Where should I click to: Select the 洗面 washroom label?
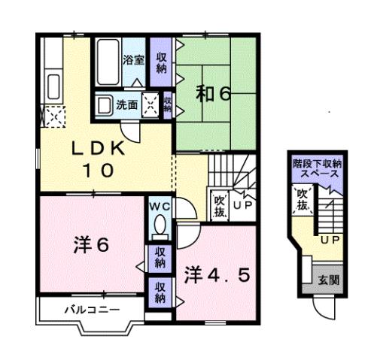pos(126,105)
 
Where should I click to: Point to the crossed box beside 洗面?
pos(151,105)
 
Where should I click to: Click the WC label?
pos(160,206)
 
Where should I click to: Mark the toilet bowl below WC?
pos(160,225)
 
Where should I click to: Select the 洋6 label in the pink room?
pos(92,244)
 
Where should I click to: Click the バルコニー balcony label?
pos(84,309)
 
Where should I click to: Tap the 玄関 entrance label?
pos(328,280)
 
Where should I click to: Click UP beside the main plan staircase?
pos(243,204)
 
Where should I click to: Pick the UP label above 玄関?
pos(328,241)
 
